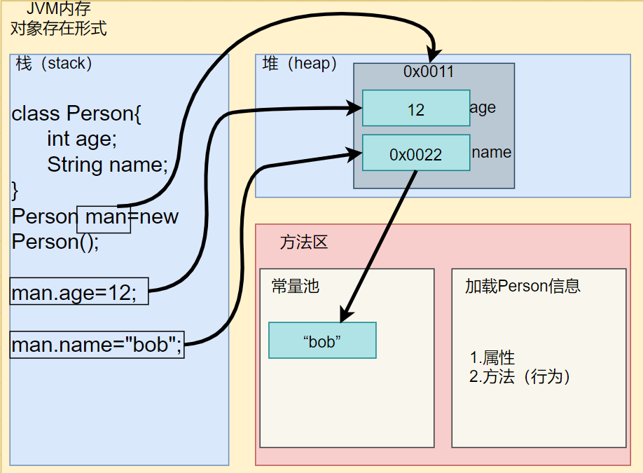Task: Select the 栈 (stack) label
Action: tap(54, 64)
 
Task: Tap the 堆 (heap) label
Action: tap(299, 64)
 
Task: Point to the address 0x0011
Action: tap(429, 71)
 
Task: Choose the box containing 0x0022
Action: tap(416, 153)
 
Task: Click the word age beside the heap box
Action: tap(483, 107)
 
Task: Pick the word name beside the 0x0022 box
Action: tap(492, 152)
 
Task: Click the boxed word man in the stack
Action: tap(104, 217)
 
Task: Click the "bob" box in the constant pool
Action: tap(322, 341)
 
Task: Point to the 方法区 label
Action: tap(304, 242)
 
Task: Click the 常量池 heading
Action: tap(295, 287)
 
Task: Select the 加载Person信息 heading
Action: tap(523, 286)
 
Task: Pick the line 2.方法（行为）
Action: tap(520, 376)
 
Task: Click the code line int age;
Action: tap(82, 139)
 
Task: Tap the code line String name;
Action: tap(108, 165)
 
